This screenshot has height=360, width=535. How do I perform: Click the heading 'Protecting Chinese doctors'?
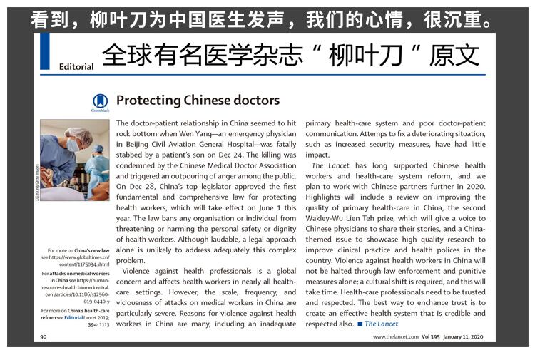point(198,101)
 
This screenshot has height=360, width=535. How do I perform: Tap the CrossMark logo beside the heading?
point(99,103)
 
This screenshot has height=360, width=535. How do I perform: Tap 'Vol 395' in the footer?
point(431,337)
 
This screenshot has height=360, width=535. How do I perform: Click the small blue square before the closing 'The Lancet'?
point(360,324)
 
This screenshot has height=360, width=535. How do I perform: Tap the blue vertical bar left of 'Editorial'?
point(45,51)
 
